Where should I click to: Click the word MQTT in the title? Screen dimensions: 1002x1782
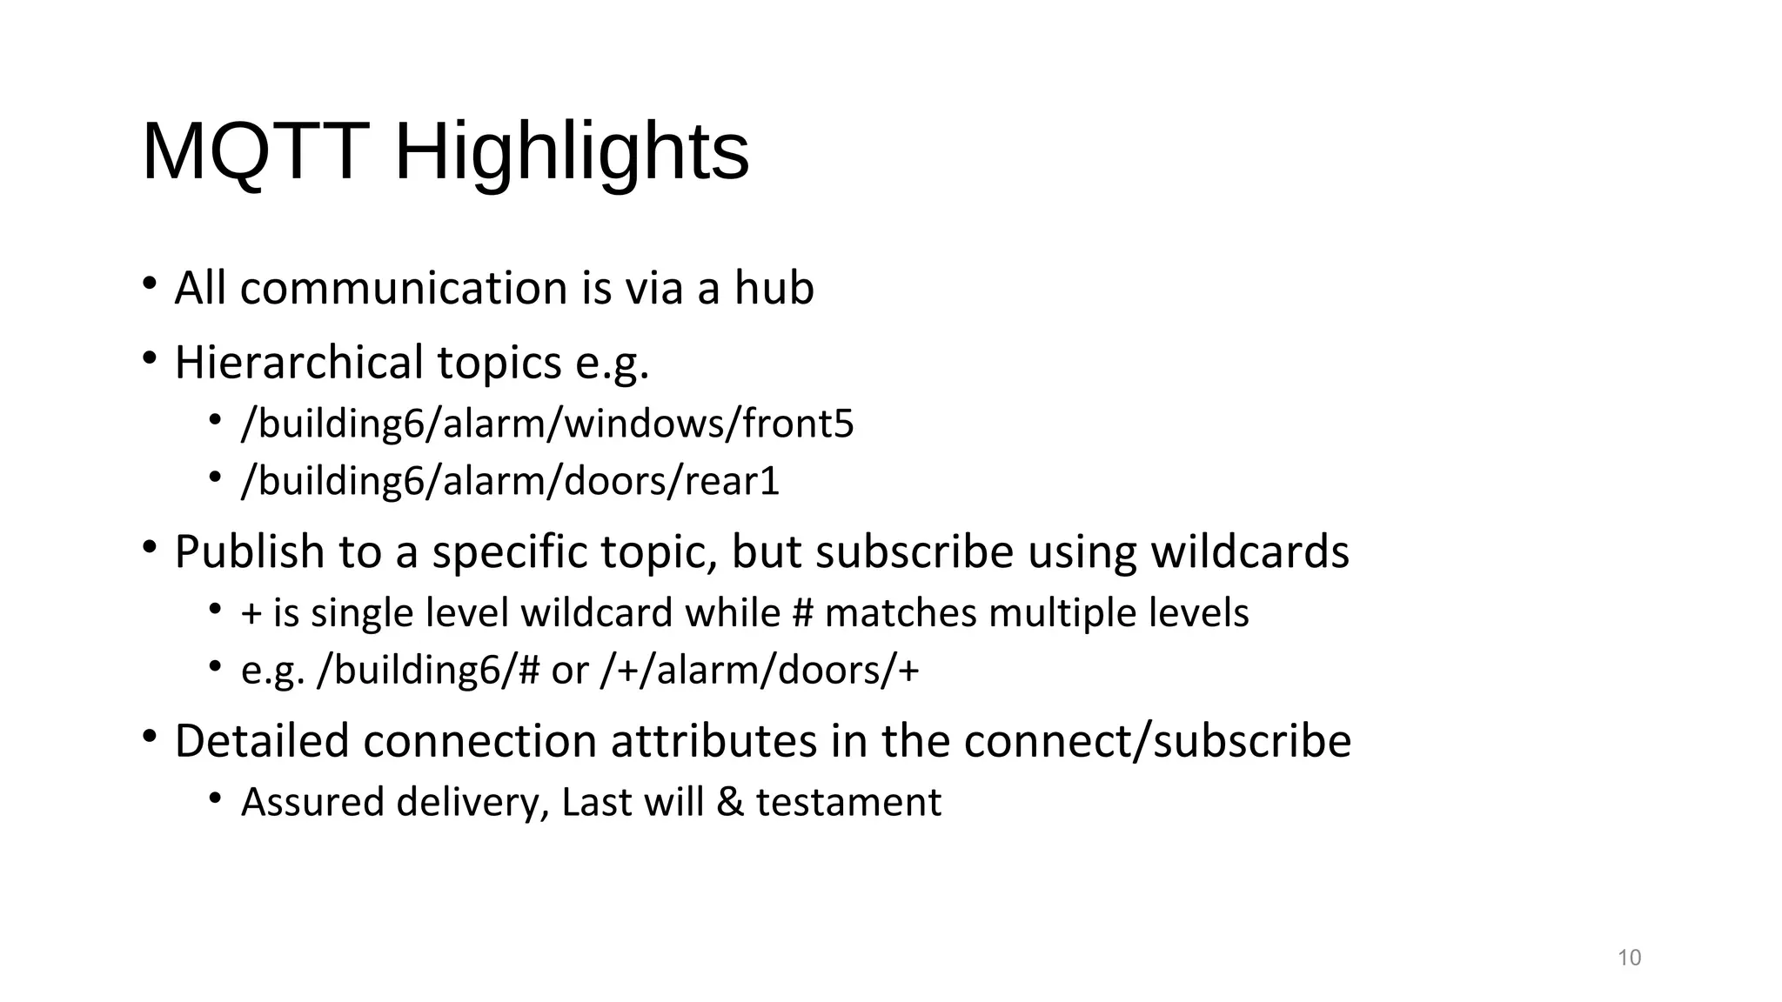(255, 151)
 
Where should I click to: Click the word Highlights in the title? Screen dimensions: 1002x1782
(572, 153)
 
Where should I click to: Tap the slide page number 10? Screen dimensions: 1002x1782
(1629, 958)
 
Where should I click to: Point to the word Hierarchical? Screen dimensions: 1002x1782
(298, 363)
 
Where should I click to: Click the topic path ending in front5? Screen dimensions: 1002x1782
(547, 424)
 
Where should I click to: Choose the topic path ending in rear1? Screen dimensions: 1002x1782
(510, 480)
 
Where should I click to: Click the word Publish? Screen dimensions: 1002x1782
(250, 551)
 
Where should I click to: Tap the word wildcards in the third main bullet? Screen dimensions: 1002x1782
(1249, 551)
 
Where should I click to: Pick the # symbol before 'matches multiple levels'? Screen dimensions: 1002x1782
(802, 613)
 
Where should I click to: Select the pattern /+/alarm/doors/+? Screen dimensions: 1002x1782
(760, 670)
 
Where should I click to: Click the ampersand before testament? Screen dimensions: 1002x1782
(729, 802)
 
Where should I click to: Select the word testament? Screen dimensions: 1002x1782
(848, 802)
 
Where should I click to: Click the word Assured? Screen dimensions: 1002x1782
(312, 802)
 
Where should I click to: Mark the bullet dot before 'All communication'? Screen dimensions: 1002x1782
(150, 284)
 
